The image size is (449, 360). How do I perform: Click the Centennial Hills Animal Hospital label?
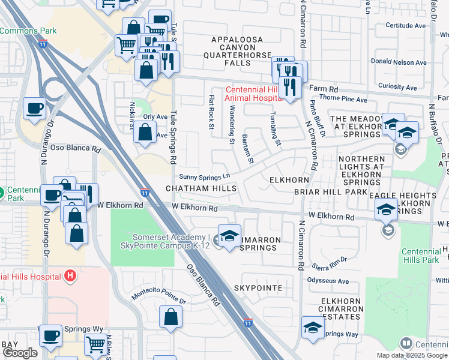click(252, 94)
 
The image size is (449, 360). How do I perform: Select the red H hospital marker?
click(70, 276)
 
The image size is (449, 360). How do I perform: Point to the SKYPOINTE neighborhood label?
click(258, 288)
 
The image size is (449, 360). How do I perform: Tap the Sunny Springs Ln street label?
click(205, 176)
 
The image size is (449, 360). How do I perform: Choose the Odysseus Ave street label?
click(328, 281)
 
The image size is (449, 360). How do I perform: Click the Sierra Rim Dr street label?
click(329, 266)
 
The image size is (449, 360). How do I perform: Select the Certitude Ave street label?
click(405, 26)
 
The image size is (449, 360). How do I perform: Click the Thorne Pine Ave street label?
click(343, 99)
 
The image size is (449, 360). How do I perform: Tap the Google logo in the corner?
click(20, 353)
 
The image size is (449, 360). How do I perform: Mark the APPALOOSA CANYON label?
click(237, 40)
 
